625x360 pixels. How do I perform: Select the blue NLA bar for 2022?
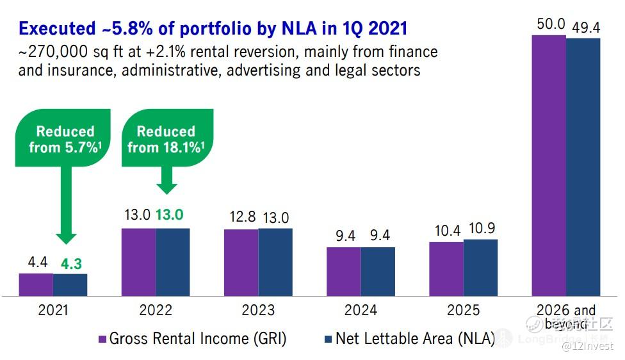(x=173, y=261)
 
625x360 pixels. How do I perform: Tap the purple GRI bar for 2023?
(x=241, y=262)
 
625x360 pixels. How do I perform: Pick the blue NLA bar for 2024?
(x=378, y=271)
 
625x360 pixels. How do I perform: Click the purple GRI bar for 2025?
(x=446, y=268)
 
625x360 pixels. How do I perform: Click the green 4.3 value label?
(x=70, y=263)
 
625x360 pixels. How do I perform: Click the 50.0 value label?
(x=549, y=24)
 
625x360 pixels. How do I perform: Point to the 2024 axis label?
(x=361, y=311)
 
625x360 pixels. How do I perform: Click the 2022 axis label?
(x=156, y=311)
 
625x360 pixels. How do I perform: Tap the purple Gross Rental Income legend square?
(x=101, y=339)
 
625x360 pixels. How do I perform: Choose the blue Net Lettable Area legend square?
(x=328, y=339)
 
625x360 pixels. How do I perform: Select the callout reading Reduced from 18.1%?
(x=166, y=140)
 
